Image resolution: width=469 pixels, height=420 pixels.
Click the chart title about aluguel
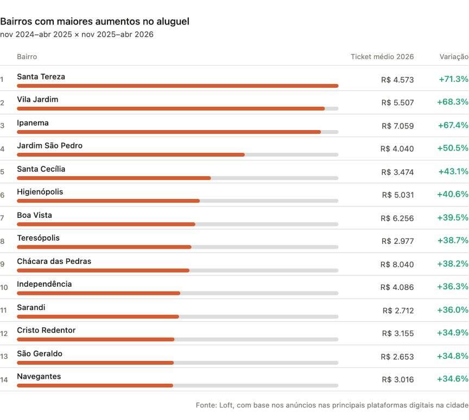click(94, 22)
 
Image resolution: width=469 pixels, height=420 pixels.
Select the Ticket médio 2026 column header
click(382, 57)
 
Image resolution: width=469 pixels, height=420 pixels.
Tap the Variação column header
click(454, 57)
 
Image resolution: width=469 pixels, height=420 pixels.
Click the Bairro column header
click(27, 57)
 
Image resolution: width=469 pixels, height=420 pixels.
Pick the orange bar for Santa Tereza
click(178, 86)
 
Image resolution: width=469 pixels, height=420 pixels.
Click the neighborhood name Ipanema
click(33, 123)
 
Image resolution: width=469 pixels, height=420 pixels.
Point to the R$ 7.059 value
click(397, 126)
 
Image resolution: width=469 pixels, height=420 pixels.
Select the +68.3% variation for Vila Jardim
click(453, 102)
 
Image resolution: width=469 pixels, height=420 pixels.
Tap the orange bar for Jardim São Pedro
click(131, 155)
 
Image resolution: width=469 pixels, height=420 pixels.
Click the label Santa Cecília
click(41, 169)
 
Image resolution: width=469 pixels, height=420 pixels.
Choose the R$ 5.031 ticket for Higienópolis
click(397, 195)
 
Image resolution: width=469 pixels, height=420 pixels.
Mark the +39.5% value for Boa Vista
click(453, 217)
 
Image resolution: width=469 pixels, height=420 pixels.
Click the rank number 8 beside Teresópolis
click(2, 241)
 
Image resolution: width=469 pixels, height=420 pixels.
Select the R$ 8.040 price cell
click(397, 264)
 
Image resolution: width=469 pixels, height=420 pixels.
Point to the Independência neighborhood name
click(45, 284)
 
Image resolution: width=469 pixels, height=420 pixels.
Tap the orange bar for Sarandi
click(98, 316)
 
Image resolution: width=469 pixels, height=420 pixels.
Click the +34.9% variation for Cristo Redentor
click(453, 333)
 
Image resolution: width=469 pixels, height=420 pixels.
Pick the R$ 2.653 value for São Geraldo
click(397, 357)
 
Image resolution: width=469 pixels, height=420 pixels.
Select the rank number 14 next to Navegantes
click(4, 380)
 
